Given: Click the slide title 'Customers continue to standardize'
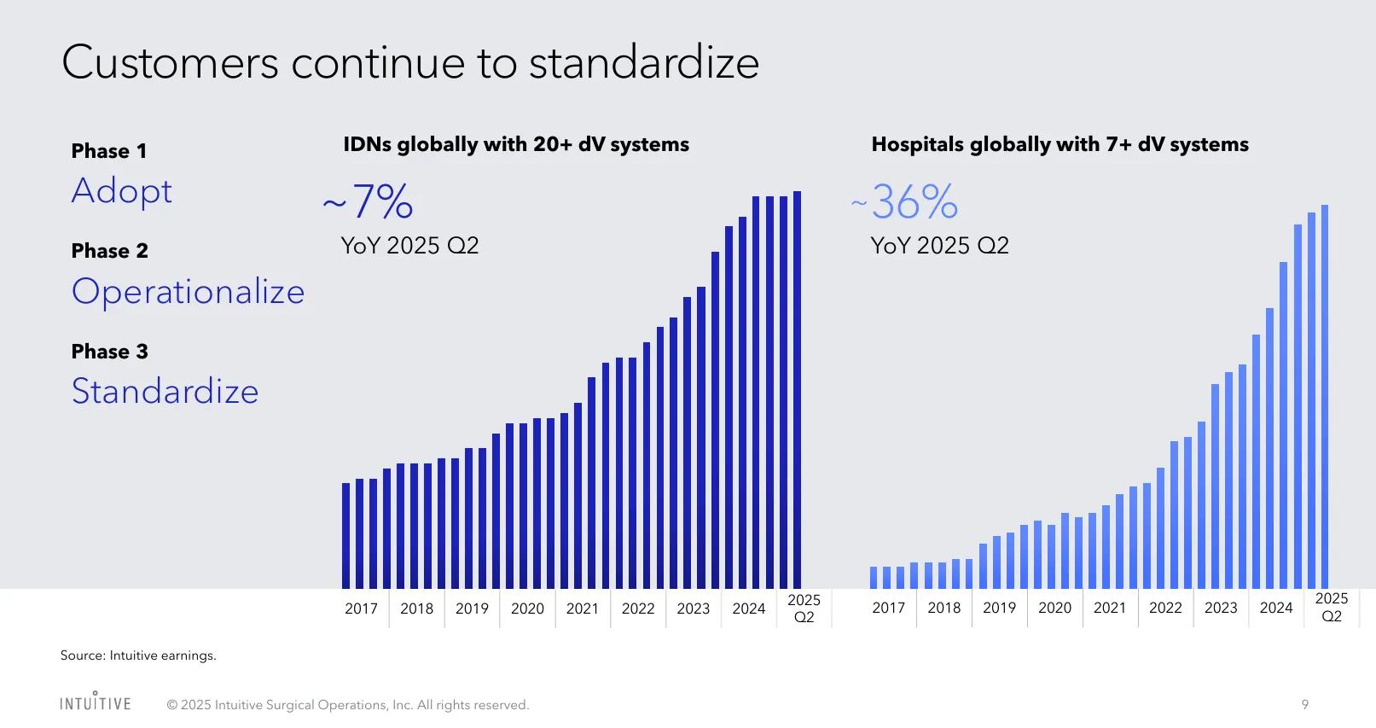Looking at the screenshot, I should point(410,62).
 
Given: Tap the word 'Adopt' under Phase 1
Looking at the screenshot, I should point(122,191).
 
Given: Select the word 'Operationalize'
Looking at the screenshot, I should point(188,292).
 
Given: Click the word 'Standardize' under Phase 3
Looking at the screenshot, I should point(165,392).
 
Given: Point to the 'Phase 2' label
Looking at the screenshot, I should point(110,251).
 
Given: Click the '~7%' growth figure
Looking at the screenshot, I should point(369,201).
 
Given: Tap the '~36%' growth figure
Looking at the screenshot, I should point(905,202).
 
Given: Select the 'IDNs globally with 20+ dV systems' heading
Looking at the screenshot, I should point(516,144).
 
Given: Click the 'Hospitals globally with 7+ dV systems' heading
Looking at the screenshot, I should point(1060,144).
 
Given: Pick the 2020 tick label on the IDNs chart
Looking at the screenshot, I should point(527,609).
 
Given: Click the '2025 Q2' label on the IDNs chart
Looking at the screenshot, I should point(804,609).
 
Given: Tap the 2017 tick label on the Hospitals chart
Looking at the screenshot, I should point(888,608).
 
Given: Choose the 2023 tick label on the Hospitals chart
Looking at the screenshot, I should point(1221,608).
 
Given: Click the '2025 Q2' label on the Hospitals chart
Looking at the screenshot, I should point(1331,607).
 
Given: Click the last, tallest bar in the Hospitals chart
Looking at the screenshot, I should point(1325,396).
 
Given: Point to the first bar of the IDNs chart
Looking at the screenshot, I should point(345,535).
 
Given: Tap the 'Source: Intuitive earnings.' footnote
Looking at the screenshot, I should point(138,655).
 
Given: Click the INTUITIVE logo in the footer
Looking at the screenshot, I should point(96,702).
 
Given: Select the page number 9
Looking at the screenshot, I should point(1305,704).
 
